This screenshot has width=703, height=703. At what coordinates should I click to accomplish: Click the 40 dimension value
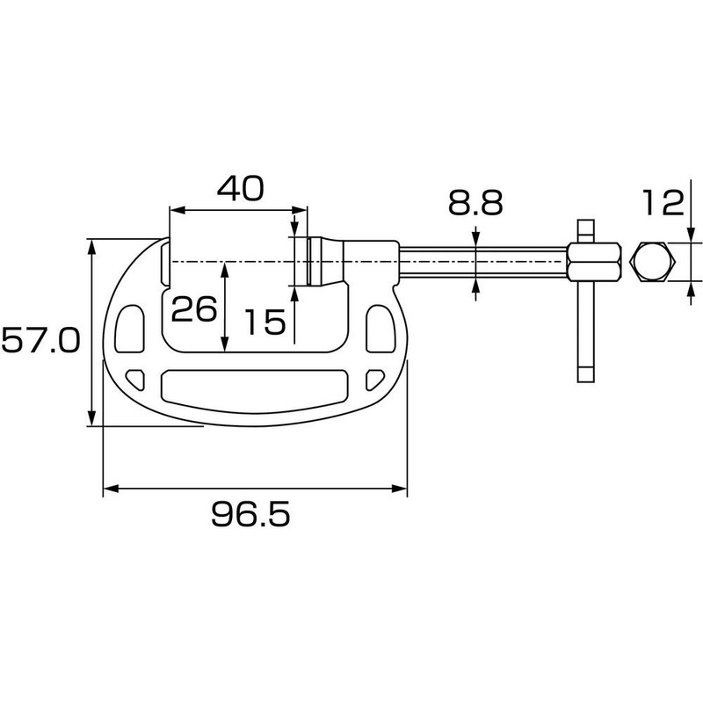[x=240, y=189]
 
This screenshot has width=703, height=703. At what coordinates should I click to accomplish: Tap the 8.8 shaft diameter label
[x=475, y=203]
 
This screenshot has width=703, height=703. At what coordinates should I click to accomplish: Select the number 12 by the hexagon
[x=662, y=203]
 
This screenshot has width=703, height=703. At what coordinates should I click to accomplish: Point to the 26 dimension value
[x=193, y=309]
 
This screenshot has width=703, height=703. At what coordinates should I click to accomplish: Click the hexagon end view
[x=651, y=262]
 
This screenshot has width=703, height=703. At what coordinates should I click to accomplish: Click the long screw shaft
[x=483, y=262]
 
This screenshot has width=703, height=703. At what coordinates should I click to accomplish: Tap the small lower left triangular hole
[x=136, y=379]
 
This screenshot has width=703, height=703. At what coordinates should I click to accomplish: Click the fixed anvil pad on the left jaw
[x=165, y=262]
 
